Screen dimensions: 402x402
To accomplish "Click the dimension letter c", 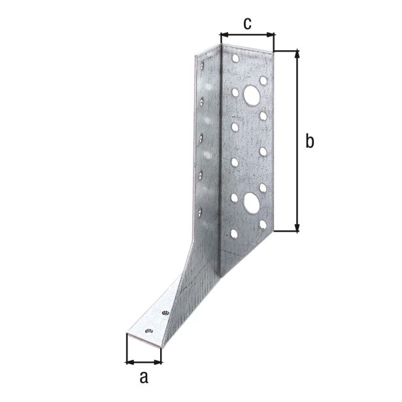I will pyautogui.click(x=247, y=24).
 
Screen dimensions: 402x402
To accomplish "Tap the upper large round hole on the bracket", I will pyautogui.click(x=251, y=96).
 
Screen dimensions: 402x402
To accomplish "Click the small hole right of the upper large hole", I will pyautogui.click(x=263, y=80).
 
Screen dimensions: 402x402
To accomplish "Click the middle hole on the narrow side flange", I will pyautogui.click(x=202, y=137).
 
